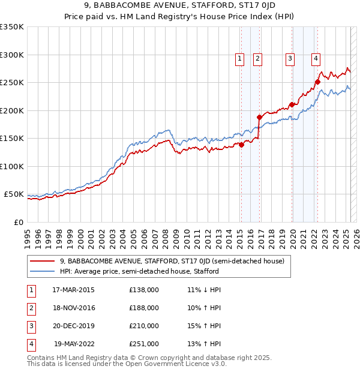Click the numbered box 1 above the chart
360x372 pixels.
[239, 58]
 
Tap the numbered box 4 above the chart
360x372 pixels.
[315, 58]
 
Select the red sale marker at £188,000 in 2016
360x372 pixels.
[259, 117]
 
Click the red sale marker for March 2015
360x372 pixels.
[241, 145]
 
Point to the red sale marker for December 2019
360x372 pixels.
[292, 104]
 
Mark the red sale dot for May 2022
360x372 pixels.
[317, 82]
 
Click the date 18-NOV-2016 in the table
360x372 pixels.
[74, 308]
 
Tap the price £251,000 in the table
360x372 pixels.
[144, 344]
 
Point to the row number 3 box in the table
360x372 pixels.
[31, 326]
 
